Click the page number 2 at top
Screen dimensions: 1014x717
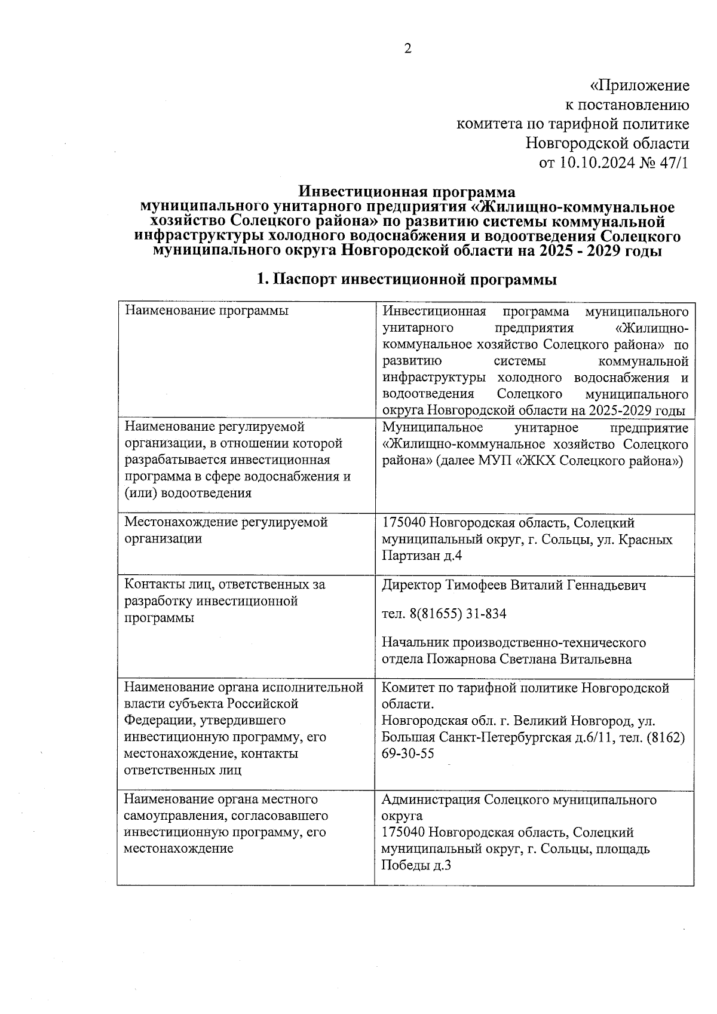tap(408, 49)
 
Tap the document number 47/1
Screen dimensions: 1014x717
tap(672, 163)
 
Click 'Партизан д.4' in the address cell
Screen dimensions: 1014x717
tap(422, 556)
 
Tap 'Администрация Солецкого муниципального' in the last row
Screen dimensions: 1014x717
tap(519, 799)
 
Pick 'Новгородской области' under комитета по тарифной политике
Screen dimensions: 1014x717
tap(607, 143)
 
